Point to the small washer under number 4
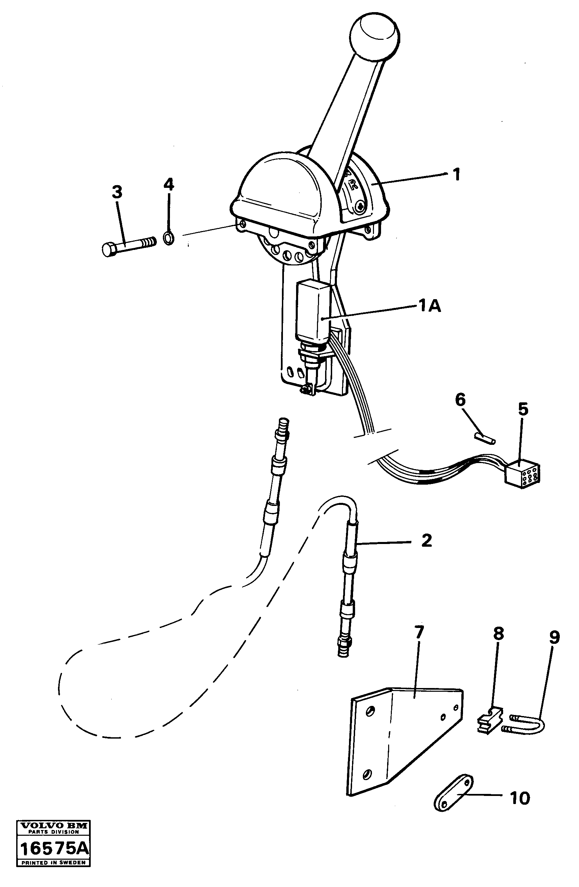(x=169, y=238)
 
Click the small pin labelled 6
(x=485, y=437)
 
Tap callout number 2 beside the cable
(x=426, y=540)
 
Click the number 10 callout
(x=519, y=799)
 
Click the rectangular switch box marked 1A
(x=312, y=310)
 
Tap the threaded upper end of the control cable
(x=283, y=426)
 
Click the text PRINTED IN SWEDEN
(x=54, y=873)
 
